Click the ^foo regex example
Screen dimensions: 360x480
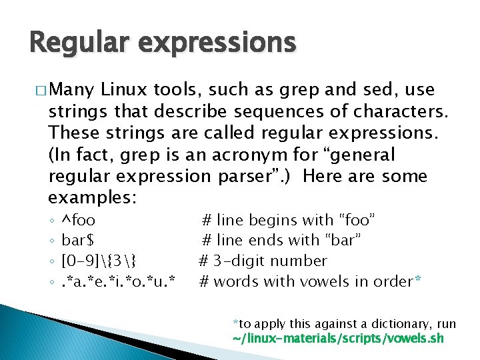(78, 219)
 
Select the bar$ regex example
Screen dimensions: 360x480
(78, 240)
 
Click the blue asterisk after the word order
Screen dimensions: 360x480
(417, 280)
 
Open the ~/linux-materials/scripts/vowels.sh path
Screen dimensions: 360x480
(337, 339)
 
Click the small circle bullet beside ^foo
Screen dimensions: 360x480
(51, 221)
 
